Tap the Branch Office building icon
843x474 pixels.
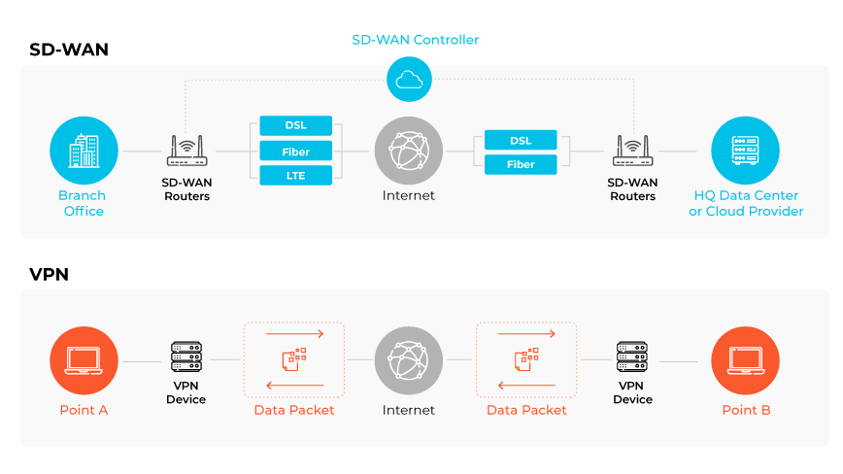(83, 152)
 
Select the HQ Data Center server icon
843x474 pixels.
(745, 152)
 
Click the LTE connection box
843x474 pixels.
(295, 176)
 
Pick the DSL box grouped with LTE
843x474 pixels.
(295, 126)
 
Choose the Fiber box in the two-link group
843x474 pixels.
(521, 164)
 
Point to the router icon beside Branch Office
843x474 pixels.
(185, 151)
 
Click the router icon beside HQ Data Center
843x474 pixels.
(632, 151)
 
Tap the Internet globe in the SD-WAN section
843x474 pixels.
(408, 152)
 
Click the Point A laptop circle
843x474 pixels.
(83, 360)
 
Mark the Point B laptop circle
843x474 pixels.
(745, 360)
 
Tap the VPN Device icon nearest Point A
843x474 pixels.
(185, 358)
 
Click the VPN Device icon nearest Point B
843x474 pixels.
(632, 358)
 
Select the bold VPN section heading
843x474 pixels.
(49, 275)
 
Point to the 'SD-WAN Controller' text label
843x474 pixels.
(415, 40)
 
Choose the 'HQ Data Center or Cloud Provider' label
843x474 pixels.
(745, 203)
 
